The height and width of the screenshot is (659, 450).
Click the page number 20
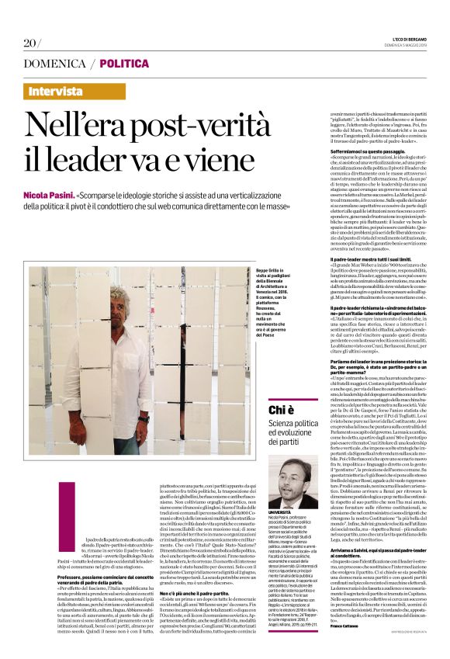[29, 42]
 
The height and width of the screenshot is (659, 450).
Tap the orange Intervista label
[66, 92]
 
